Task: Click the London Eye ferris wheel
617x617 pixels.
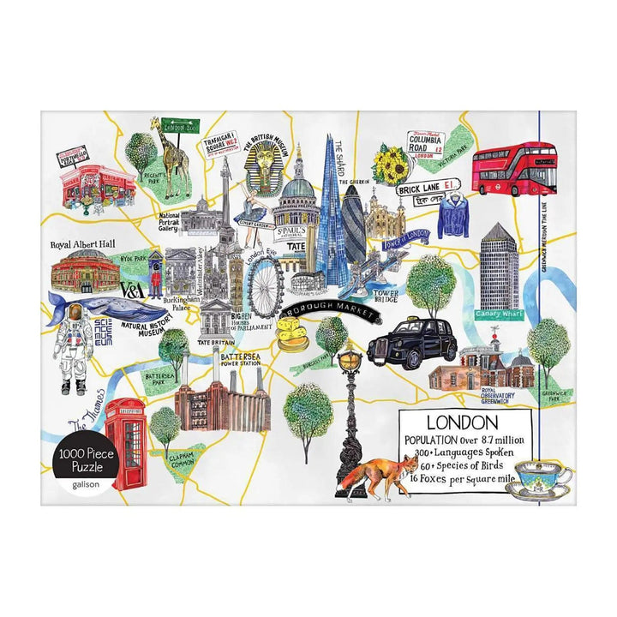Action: [266, 280]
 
